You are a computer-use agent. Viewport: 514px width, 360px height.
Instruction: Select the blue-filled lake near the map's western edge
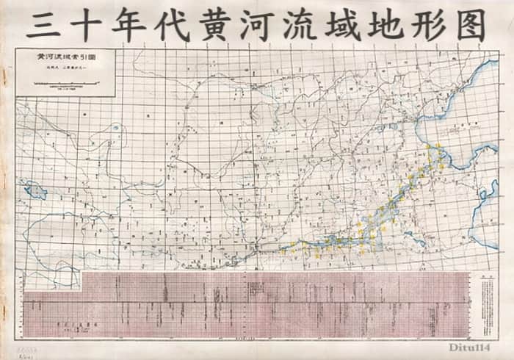[34, 192]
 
